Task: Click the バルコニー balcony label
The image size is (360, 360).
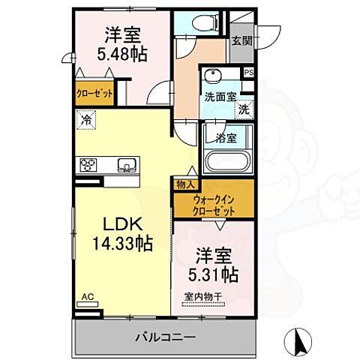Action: [166, 337]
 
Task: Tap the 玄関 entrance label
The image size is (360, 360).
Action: [241, 41]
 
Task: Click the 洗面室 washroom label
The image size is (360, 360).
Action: [220, 97]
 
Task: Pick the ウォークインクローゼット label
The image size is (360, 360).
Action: [214, 205]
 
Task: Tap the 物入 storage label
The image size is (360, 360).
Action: [186, 184]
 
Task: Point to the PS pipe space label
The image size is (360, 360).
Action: [249, 73]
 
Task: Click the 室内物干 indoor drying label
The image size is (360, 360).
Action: [202, 296]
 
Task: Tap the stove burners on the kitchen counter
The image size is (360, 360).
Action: [88, 164]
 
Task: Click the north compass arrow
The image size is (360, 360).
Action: [301, 343]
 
